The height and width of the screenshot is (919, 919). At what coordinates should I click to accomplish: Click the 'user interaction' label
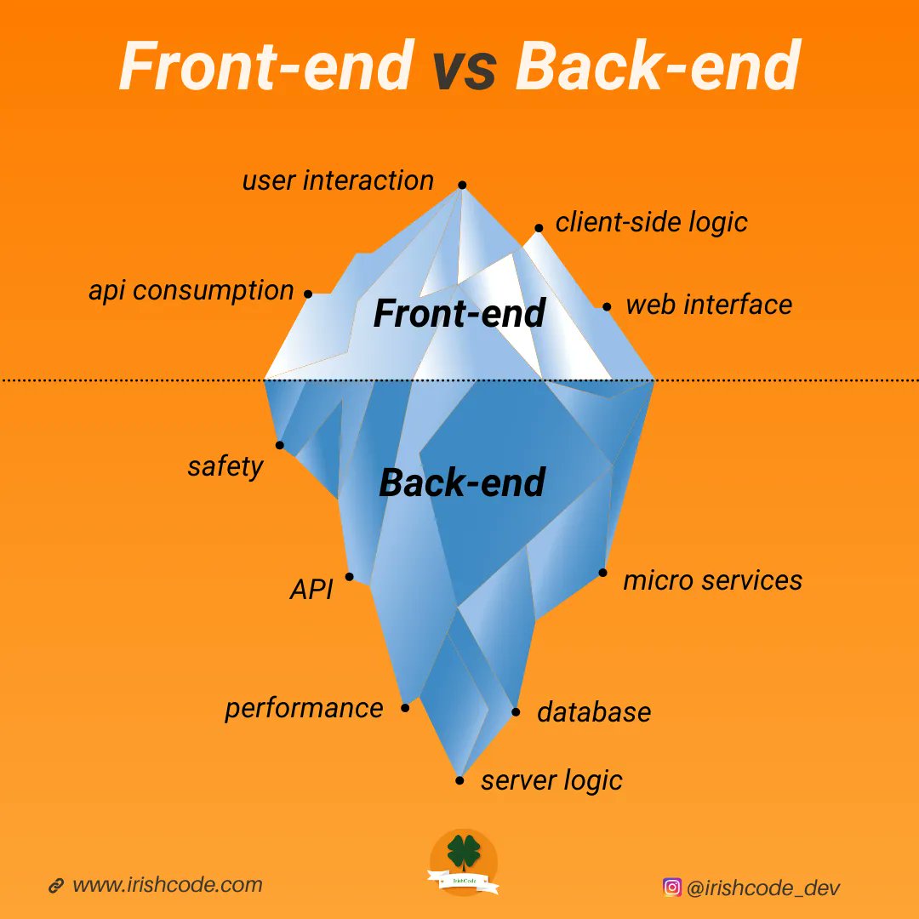[338, 180]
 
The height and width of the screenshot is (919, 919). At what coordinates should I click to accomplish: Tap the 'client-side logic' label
[651, 222]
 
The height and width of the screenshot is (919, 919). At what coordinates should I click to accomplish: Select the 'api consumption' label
[191, 291]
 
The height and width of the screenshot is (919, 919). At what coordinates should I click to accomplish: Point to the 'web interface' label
[709, 305]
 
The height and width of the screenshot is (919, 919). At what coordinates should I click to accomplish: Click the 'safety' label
[225, 466]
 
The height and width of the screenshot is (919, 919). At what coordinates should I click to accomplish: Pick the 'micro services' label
[712, 580]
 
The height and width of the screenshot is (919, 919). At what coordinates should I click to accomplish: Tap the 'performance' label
[304, 708]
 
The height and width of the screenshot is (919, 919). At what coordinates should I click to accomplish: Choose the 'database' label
[594, 712]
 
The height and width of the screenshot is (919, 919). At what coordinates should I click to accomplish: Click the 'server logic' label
[551, 780]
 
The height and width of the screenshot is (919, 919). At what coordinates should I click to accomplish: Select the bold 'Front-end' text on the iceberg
[459, 314]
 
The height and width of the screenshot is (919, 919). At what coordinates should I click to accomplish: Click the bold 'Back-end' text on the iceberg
[461, 483]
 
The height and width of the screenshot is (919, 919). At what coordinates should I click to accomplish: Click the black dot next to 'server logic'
[460, 780]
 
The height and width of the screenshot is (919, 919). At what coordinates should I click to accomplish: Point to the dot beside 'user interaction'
[462, 185]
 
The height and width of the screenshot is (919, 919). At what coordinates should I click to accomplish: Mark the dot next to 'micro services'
[602, 573]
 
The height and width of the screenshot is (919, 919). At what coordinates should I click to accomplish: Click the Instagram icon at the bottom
[672, 887]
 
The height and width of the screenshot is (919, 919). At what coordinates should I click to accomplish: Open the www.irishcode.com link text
[168, 885]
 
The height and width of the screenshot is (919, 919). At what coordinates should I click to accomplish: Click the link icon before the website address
[56, 886]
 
